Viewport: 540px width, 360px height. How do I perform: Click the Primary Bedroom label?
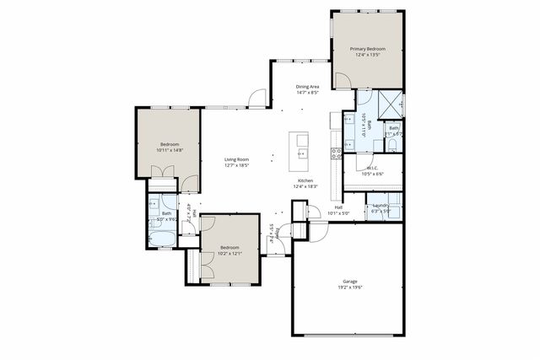coord(367,50)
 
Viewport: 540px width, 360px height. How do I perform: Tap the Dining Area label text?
coord(307,87)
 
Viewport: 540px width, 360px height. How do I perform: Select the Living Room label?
coord(236,159)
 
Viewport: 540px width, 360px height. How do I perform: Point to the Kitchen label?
coord(305,181)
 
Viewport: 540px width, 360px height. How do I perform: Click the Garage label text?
coord(349,282)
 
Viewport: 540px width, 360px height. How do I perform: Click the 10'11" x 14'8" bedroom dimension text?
coord(170,150)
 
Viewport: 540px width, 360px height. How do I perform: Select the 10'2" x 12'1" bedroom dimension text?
coord(230,252)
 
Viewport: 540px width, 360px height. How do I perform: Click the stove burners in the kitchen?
coord(336,153)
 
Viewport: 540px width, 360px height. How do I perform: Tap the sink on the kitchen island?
coord(301,153)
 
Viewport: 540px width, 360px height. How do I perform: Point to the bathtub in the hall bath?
coord(161,236)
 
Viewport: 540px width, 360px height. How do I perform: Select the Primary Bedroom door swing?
coord(343,81)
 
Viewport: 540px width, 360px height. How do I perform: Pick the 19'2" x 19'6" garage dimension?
coord(349,287)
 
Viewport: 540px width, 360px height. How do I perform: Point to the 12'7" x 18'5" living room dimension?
coord(236,165)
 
